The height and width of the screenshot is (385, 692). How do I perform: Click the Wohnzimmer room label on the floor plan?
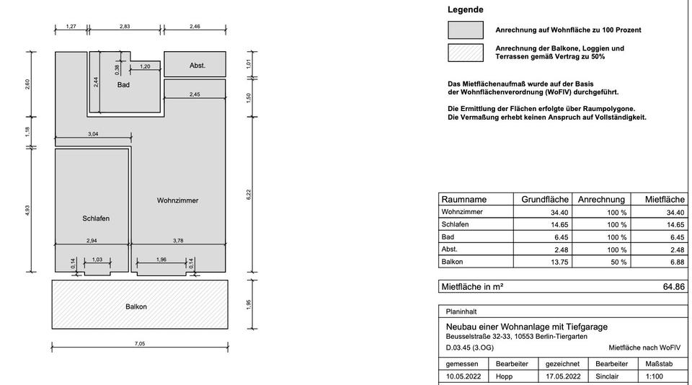tap(177, 200)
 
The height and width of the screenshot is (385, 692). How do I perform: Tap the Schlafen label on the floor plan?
tap(96, 218)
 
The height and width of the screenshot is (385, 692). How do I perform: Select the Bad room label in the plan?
tap(123, 85)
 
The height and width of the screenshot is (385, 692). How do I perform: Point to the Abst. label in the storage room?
tap(198, 66)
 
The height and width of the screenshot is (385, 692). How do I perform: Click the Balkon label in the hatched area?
tap(136, 307)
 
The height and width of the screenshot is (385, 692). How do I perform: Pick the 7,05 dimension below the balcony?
tap(139, 344)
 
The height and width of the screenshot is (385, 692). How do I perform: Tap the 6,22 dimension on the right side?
tap(248, 194)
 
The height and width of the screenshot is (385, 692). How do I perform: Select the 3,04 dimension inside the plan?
tap(93, 134)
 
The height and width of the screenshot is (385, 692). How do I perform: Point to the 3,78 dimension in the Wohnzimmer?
tap(177, 241)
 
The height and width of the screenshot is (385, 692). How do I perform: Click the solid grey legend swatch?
tap(465, 30)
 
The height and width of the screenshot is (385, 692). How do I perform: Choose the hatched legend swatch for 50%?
tap(465, 53)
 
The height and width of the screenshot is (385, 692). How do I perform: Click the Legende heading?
tap(465, 10)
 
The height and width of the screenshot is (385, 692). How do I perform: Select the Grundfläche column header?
tap(545, 200)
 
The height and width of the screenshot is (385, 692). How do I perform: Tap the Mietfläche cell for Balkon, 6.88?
tap(675, 262)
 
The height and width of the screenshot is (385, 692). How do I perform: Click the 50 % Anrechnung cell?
tap(617, 262)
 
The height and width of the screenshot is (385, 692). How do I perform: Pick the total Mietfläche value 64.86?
tap(673, 287)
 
